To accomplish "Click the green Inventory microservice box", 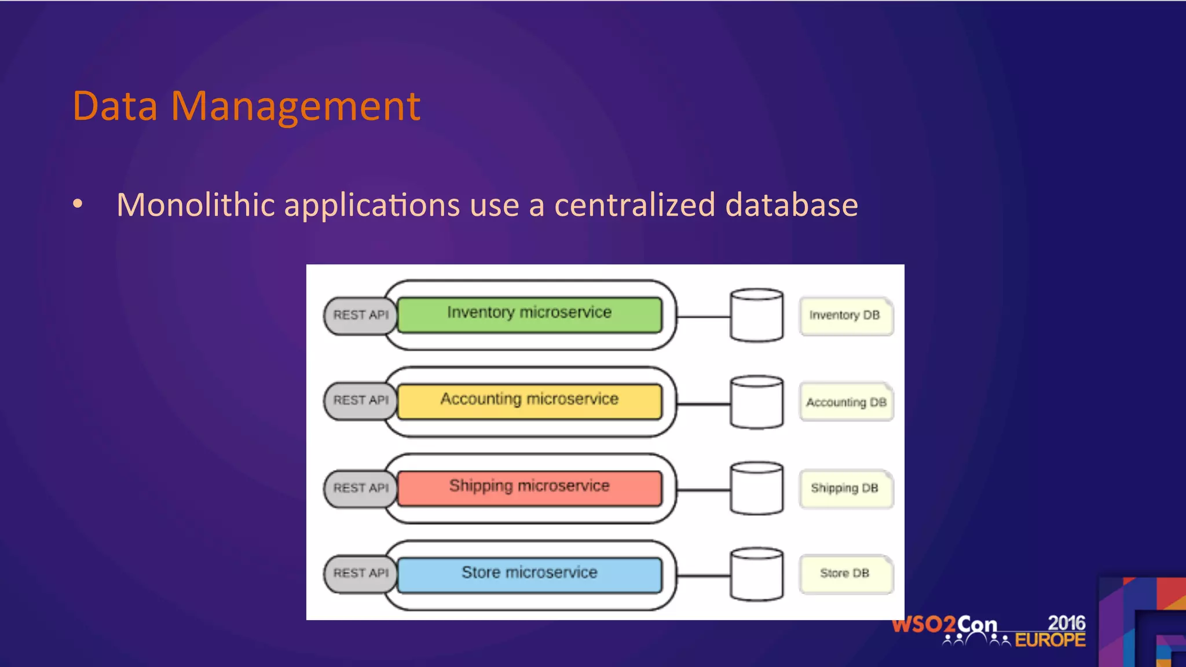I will click(x=529, y=314).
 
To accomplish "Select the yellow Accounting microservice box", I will click(x=529, y=401).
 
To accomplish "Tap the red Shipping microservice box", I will click(x=529, y=488).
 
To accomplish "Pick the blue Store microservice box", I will click(x=529, y=574).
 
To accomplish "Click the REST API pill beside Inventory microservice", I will click(x=360, y=316).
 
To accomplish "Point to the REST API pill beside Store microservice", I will click(x=360, y=573).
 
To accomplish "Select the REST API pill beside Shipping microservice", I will click(x=360, y=488).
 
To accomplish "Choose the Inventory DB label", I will click(x=845, y=316).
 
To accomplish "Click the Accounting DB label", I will click(x=846, y=402).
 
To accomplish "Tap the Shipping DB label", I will click(x=845, y=489).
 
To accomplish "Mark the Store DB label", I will click(x=845, y=574).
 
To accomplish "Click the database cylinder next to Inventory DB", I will click(x=756, y=316).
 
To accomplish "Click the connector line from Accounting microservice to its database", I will click(x=703, y=404).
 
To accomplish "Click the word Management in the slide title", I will click(x=295, y=107).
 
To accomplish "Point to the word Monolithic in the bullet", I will click(x=195, y=205).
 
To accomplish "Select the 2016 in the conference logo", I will click(x=1066, y=623).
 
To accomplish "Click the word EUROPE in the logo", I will click(x=1050, y=640).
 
